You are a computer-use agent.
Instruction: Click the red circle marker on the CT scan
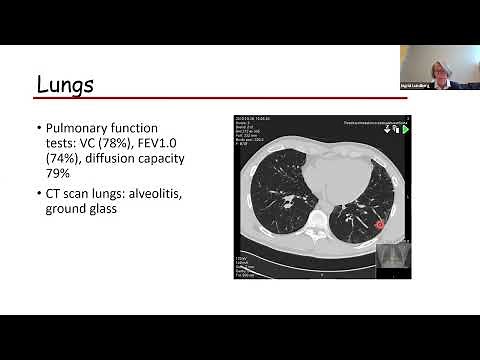point(379,225)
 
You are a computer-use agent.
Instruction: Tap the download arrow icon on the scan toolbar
point(384,129)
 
